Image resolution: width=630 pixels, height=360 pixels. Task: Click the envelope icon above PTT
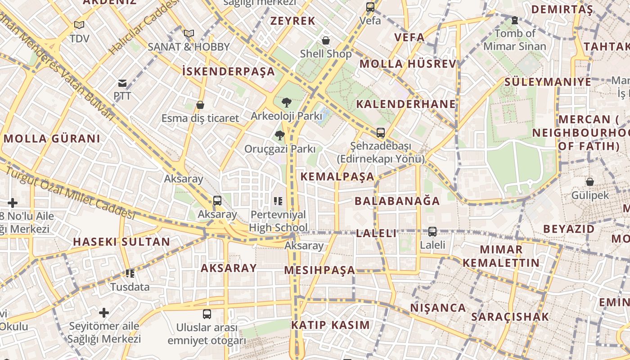click(x=122, y=83)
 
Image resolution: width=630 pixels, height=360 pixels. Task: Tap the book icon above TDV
click(x=79, y=25)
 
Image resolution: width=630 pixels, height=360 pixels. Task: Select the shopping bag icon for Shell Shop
click(x=326, y=40)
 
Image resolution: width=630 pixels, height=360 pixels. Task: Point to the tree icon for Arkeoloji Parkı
click(x=286, y=103)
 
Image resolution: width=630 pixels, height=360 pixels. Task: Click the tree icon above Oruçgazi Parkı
click(x=280, y=135)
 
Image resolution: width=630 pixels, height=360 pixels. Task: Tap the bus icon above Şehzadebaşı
click(x=381, y=133)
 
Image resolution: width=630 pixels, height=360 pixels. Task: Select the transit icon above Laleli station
click(x=432, y=232)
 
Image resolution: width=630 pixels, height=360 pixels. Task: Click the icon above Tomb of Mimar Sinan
click(x=515, y=20)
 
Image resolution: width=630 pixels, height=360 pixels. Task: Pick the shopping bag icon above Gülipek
click(x=590, y=182)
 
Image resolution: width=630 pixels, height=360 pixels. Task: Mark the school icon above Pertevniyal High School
click(x=278, y=201)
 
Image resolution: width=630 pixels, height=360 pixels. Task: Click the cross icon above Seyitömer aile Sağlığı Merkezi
click(x=104, y=312)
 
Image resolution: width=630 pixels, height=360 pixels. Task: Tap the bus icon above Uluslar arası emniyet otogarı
click(x=207, y=314)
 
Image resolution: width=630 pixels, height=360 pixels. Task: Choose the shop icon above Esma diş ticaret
click(x=200, y=105)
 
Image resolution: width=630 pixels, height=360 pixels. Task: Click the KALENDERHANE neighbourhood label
click(x=406, y=104)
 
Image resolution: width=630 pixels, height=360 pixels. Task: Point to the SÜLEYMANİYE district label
click(x=548, y=82)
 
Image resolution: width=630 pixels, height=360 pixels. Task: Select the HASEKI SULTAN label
click(x=121, y=242)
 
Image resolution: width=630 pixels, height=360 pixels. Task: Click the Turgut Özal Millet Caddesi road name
click(x=70, y=193)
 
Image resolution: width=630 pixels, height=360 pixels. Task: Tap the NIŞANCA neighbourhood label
click(x=438, y=308)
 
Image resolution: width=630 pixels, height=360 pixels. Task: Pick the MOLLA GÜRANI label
click(x=52, y=139)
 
